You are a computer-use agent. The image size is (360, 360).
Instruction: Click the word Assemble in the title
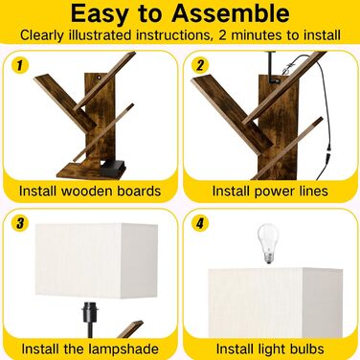(x=231, y=14)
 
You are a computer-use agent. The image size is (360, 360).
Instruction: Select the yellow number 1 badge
(x=20, y=65)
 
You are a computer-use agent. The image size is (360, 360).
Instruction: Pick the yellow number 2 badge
(x=200, y=65)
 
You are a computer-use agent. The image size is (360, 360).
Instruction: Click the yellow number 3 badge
(x=20, y=223)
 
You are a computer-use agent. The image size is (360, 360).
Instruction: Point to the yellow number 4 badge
(x=200, y=223)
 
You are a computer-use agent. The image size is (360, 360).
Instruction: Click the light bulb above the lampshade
(x=268, y=243)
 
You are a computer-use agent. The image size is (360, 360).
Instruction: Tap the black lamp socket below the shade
(x=89, y=310)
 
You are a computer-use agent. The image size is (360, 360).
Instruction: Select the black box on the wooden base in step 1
(x=113, y=168)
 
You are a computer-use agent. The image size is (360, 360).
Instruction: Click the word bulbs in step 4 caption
(x=304, y=349)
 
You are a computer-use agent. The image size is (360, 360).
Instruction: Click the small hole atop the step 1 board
(x=100, y=78)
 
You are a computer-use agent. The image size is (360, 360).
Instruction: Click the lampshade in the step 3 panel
(x=97, y=261)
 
